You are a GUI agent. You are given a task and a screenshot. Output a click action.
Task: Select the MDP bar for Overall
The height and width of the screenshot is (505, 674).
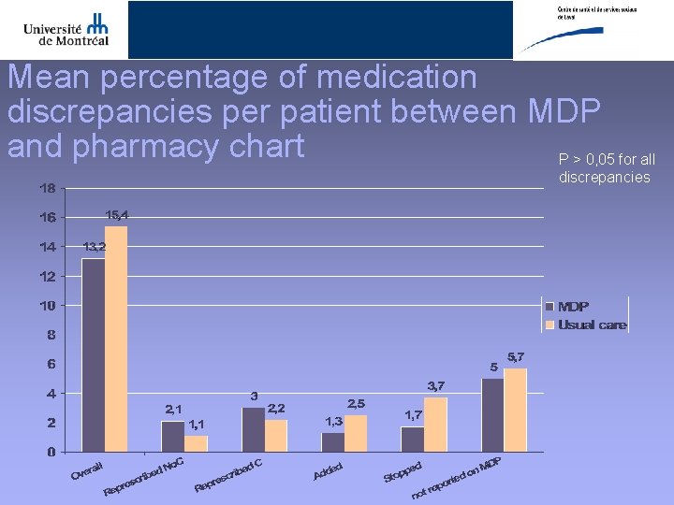[x=93, y=355]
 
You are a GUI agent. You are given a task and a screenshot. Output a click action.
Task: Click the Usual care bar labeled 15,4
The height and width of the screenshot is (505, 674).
[x=116, y=339]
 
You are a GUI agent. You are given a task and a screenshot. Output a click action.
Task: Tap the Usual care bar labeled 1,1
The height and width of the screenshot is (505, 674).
[x=197, y=443]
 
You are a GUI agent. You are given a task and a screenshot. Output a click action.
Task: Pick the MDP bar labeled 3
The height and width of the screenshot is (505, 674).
[x=253, y=429]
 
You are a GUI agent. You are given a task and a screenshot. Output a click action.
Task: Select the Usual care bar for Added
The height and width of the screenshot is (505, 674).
[x=356, y=433]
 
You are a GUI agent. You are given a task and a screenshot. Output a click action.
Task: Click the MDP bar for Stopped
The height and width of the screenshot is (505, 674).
[x=413, y=439]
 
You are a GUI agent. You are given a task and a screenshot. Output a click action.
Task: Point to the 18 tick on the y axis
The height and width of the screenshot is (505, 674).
[x=47, y=188]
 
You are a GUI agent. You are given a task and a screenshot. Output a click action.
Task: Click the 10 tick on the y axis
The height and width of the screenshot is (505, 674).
[x=47, y=306]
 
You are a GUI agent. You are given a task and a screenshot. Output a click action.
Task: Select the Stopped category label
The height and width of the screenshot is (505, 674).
[x=403, y=471]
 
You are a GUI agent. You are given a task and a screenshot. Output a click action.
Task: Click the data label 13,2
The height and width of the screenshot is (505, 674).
[x=94, y=247]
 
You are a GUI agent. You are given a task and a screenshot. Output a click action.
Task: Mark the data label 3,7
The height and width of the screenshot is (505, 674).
[x=436, y=385]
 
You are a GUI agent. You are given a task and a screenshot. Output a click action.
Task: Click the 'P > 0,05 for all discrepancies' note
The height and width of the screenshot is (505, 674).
[x=606, y=168]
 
